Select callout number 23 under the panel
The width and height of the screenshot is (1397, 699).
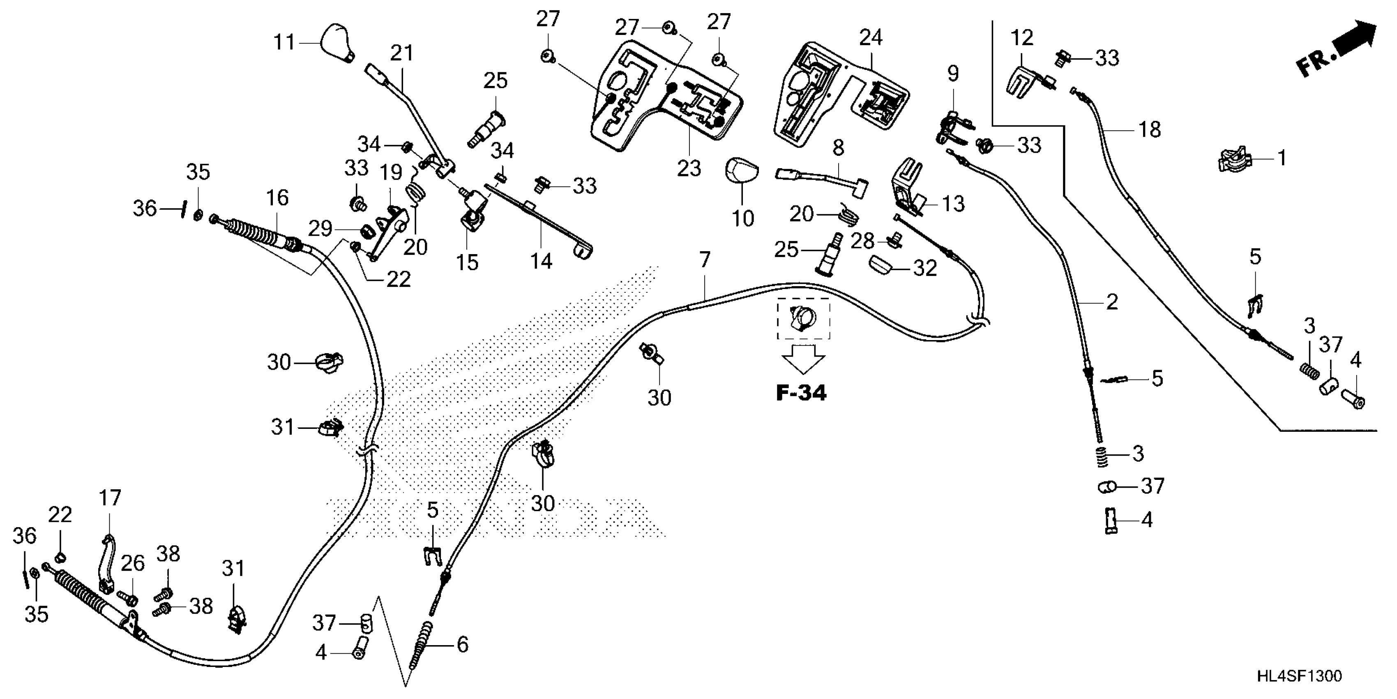coord(688,169)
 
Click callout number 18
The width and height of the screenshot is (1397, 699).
coord(1149,130)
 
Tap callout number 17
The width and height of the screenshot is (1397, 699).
coord(110,498)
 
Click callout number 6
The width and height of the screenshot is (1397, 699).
coord(462,645)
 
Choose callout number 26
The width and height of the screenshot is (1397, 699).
coord(133,564)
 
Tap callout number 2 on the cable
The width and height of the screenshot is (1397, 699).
coord(1112,302)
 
